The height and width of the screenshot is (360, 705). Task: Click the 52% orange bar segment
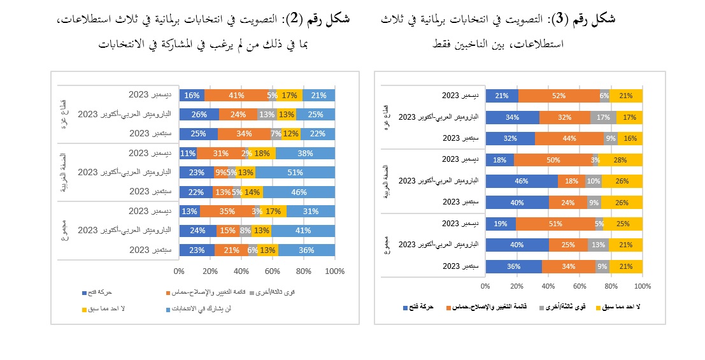click(559, 96)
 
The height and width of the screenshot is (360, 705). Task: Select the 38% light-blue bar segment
click(305, 154)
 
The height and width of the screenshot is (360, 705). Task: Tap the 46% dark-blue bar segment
click(522, 182)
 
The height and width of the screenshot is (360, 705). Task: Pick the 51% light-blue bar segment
click(295, 173)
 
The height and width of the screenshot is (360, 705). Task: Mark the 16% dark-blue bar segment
click(192, 96)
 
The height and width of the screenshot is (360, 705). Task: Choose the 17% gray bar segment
click(603, 117)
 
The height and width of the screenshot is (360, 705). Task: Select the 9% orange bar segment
click(221, 173)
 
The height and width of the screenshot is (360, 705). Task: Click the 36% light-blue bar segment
click(306, 250)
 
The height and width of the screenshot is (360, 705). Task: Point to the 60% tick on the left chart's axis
click(273, 272)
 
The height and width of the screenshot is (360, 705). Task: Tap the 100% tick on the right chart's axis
click(643, 286)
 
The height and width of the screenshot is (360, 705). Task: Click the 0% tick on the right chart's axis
click(485, 286)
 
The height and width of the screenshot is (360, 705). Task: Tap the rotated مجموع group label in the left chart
click(67, 231)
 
